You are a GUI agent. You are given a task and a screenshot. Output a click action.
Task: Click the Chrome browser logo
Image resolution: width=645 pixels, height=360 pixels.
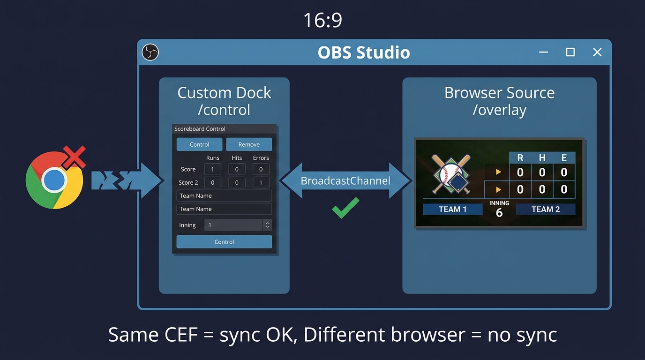point(54,180)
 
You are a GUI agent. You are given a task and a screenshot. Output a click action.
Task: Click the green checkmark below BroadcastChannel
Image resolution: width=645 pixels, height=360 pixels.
point(345,208)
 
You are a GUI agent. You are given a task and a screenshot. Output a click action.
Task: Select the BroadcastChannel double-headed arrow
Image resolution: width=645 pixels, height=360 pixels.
point(345,181)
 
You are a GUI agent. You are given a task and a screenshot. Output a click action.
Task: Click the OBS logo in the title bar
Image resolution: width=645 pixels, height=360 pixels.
point(150,52)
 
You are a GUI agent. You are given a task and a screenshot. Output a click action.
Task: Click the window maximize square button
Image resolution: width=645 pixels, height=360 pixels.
point(570,52)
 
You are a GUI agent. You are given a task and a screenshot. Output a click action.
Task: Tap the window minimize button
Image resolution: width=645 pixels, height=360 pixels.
point(544,52)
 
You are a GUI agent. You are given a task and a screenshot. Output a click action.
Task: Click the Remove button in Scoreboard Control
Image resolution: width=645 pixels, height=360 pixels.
point(249,144)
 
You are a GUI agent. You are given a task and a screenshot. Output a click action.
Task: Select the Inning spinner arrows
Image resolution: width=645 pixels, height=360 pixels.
point(267,225)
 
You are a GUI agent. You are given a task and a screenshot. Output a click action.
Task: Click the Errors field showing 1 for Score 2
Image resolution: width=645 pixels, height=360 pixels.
point(261,182)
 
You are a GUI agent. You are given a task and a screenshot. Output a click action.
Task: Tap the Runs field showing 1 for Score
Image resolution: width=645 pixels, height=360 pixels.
point(212,169)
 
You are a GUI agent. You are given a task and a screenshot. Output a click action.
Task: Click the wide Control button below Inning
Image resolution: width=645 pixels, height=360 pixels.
point(224,242)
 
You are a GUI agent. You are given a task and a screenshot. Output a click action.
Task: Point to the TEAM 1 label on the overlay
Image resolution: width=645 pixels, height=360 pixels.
point(452,209)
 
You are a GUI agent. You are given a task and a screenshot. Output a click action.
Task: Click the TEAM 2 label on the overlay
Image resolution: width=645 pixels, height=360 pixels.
point(545,209)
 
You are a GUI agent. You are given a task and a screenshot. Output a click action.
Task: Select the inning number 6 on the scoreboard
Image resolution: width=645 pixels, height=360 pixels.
point(499,213)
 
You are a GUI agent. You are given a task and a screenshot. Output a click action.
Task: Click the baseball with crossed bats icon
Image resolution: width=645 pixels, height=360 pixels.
point(450,174)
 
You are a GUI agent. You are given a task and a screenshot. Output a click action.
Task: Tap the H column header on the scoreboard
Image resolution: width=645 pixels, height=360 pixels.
point(542,158)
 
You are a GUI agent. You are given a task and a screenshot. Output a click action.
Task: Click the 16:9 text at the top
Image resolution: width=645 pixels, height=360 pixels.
point(322,20)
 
